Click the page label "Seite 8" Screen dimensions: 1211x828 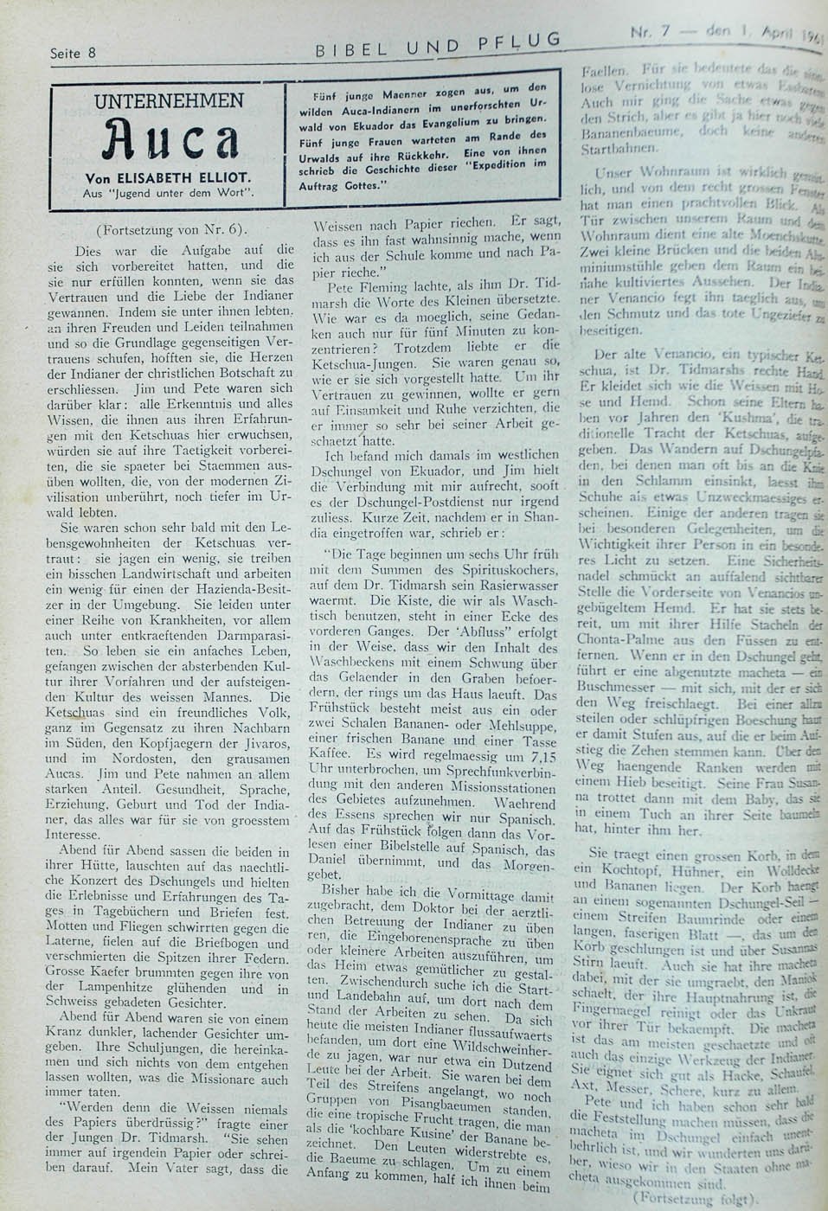tap(73, 53)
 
